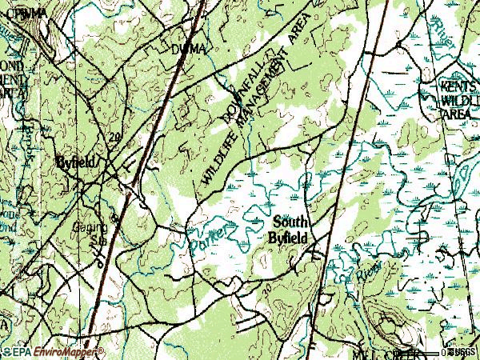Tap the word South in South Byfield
coord(289,222)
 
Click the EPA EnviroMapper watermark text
coord(55,352)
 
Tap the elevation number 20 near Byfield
coord(115,138)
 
